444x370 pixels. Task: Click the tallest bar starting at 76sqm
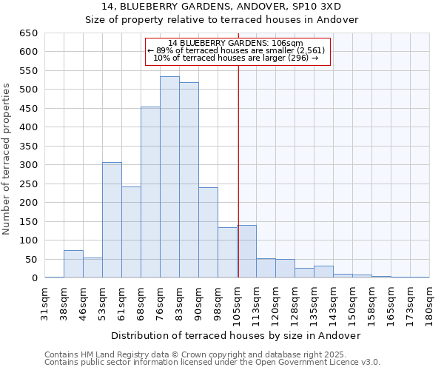point(169,178)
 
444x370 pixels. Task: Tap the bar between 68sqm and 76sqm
point(150,192)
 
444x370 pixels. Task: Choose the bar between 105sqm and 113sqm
point(246,252)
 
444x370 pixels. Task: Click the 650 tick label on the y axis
point(28,33)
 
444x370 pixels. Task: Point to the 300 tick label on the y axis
point(28,165)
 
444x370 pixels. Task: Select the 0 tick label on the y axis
point(34,278)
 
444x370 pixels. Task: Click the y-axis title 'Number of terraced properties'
point(7,159)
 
